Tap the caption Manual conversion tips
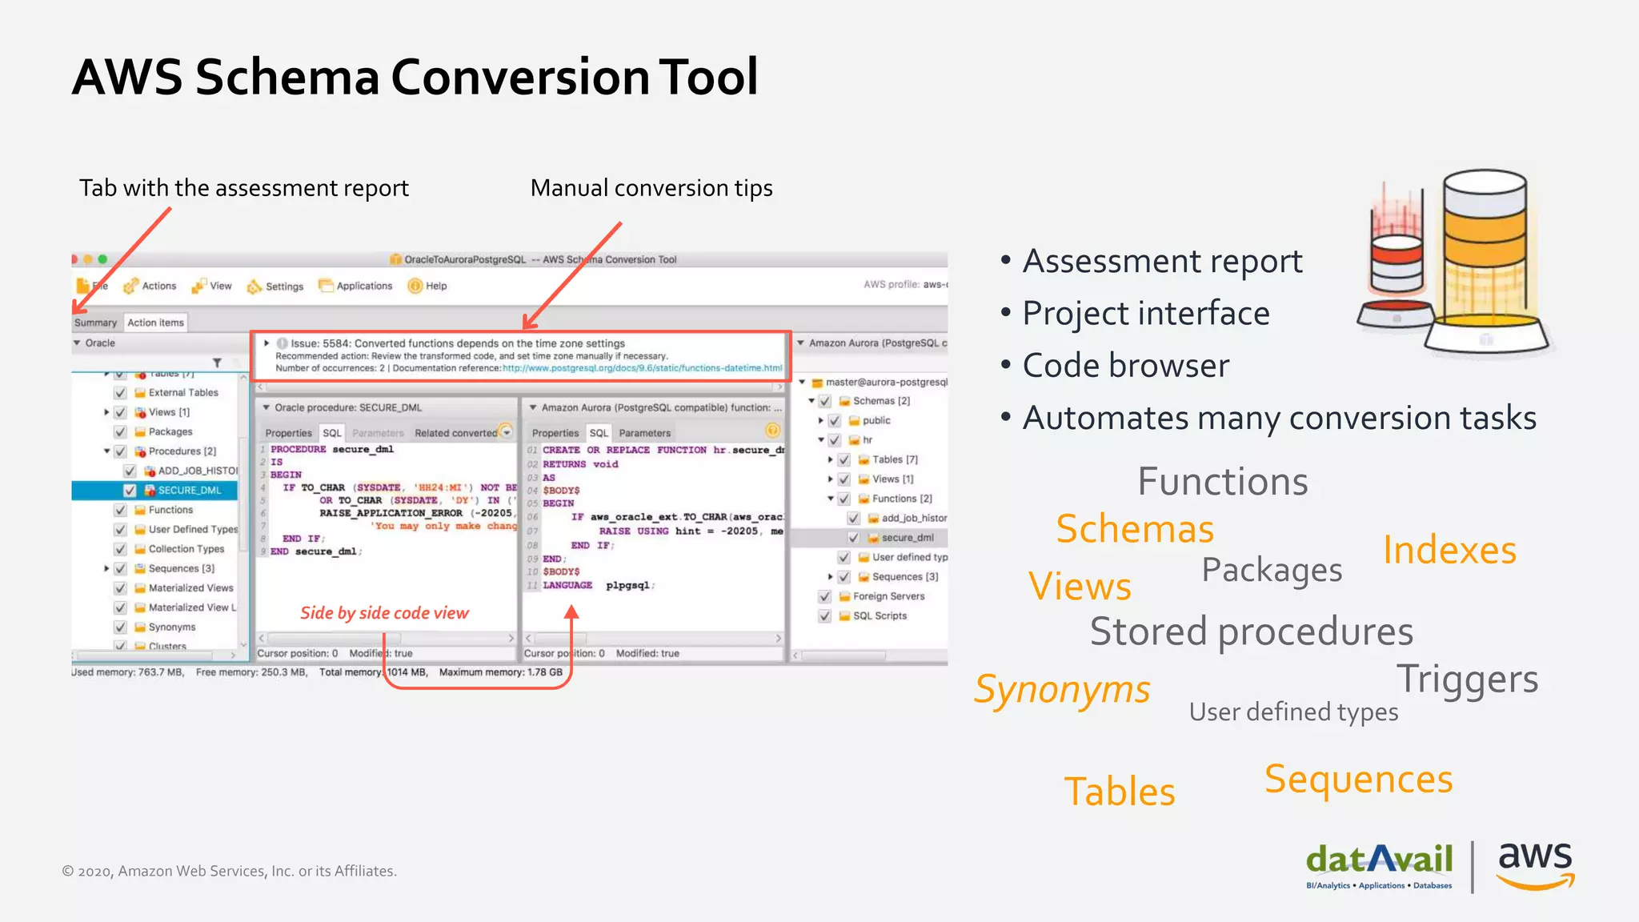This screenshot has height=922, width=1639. coord(651,188)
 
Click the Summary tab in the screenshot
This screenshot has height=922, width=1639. coord(95,323)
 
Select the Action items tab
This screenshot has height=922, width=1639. coord(155,323)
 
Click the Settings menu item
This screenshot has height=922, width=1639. coord(283,287)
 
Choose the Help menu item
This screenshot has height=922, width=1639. coord(435,286)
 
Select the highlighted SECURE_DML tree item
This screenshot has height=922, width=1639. coord(189,491)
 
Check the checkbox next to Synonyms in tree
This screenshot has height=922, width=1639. coord(120,627)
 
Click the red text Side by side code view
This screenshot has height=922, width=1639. coord(384,613)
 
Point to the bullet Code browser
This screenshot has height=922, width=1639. coord(1124,366)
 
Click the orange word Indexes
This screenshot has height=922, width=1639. coord(1449,551)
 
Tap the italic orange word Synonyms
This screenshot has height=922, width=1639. coord(1061,690)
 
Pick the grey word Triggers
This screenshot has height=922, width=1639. coord(1467,679)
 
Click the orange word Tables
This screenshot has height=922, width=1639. coord(1119,792)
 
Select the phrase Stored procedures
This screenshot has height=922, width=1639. coord(1251,631)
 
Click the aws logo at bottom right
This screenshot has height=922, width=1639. coord(1534,864)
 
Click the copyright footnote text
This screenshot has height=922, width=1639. coord(230,871)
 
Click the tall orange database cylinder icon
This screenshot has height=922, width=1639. coord(1485,256)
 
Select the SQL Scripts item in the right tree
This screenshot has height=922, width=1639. coord(879,616)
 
